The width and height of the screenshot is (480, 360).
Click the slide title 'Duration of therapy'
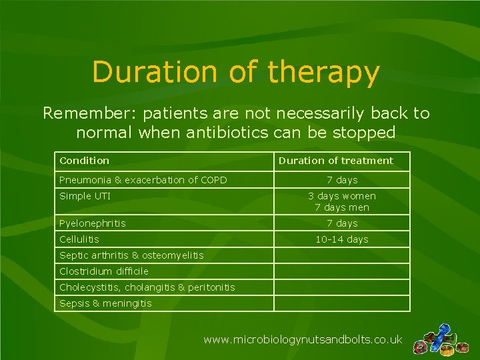pyautogui.click(x=236, y=72)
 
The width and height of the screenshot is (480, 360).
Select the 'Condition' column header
pyautogui.click(x=84, y=161)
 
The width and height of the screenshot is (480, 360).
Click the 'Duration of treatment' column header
pyautogui.click(x=335, y=161)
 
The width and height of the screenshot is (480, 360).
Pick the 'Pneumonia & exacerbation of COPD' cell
pyautogui.click(x=143, y=180)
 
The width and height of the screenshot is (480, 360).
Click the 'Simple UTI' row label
pyautogui.click(x=85, y=196)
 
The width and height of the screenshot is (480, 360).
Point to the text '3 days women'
pyautogui.click(x=341, y=196)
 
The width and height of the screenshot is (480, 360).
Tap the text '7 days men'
pyautogui.click(x=341, y=207)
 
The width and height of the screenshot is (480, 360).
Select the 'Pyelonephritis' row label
pyautogui.click(x=92, y=223)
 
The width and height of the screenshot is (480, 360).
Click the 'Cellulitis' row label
pyautogui.click(x=79, y=239)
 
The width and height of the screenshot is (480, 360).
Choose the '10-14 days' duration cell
pyautogui.click(x=341, y=239)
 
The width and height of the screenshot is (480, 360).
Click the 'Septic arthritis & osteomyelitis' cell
pyautogui.click(x=131, y=255)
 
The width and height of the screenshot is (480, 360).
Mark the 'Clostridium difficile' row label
pyautogui.click(x=103, y=271)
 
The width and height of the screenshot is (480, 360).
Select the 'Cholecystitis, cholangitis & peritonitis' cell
pyautogui.click(x=147, y=287)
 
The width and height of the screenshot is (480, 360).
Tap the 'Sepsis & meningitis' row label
pyautogui.click(x=105, y=303)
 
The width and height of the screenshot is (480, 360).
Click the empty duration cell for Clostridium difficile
pyautogui.click(x=341, y=271)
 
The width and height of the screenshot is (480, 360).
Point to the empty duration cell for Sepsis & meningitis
pyautogui.click(x=341, y=303)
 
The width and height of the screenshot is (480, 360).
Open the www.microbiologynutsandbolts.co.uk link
pyautogui.click(x=303, y=340)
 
